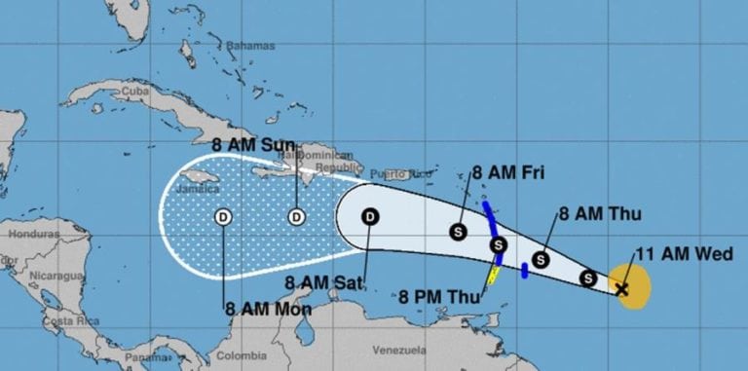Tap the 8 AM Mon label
(x=268, y=311)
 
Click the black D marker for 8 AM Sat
(x=370, y=216)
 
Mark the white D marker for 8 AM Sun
(x=296, y=216)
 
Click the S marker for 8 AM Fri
(x=459, y=232)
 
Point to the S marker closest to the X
(x=588, y=279)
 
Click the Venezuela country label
(x=401, y=349)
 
